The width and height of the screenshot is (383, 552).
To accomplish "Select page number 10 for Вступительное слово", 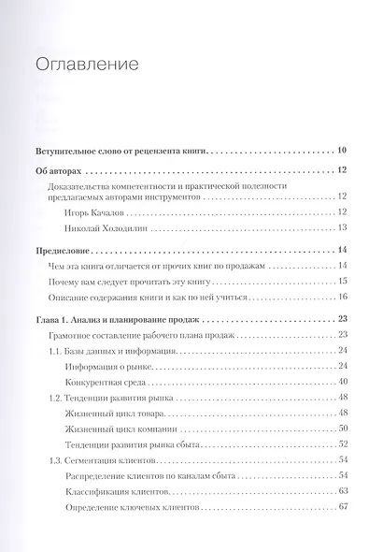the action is coord(342,150).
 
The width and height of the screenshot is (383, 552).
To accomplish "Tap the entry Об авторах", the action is coord(58,171).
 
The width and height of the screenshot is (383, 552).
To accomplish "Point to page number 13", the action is coord(343,227).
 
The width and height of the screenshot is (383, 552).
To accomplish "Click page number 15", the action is coord(343,282).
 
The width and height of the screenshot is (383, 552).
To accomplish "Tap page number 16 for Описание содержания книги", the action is coord(343,298).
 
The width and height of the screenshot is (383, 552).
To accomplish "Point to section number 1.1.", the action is coord(55,351).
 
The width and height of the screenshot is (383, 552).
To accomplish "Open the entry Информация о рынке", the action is coord(112,367).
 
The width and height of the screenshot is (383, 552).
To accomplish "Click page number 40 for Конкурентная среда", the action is coord(343,383).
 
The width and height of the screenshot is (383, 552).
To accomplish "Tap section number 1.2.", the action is coord(55,399).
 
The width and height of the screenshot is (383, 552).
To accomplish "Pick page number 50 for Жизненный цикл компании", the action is coord(343,429).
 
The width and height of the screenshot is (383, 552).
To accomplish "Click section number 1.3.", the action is coord(55,461).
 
